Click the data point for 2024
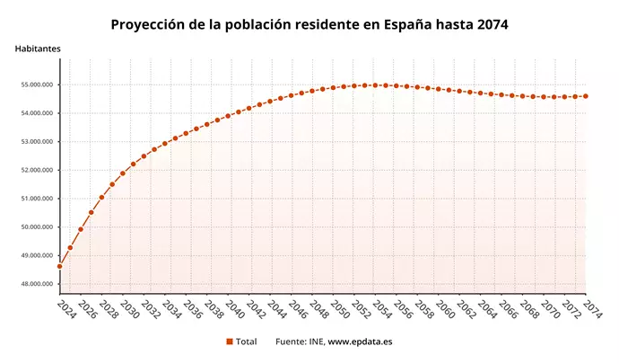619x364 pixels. (60, 266)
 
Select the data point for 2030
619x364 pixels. (123, 173)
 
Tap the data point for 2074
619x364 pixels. (586, 96)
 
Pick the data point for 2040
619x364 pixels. (228, 116)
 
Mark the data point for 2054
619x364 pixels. (375, 85)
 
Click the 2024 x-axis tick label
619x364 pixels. (66, 309)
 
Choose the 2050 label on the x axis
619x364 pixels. (340, 309)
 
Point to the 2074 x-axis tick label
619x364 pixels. (592, 309)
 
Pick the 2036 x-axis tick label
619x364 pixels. (193, 309)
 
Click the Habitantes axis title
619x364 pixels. (38, 48)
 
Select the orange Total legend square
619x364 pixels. (230, 342)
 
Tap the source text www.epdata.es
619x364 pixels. (360, 342)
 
